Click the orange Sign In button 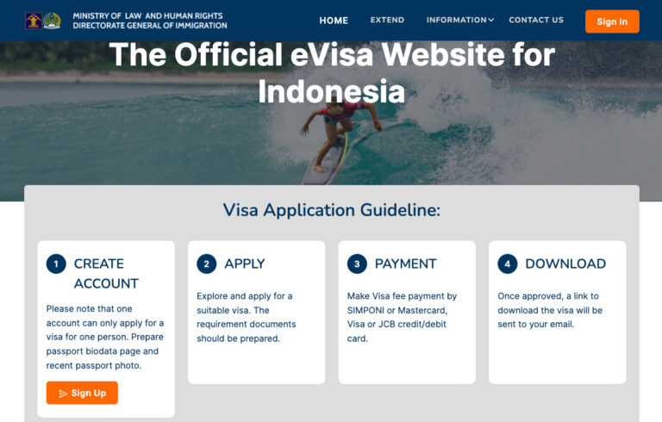[612, 22]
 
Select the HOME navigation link [334, 21]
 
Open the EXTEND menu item [387, 20]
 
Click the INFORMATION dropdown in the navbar [459, 20]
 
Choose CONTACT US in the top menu [536, 20]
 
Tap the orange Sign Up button [82, 393]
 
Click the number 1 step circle [56, 264]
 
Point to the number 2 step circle [207, 264]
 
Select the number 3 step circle [357, 264]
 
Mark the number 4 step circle [508, 264]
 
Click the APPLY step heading [245, 264]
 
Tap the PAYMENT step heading [405, 264]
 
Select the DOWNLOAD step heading [565, 264]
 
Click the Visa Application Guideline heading [332, 210]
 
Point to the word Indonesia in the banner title [331, 90]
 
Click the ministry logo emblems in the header [43, 21]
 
